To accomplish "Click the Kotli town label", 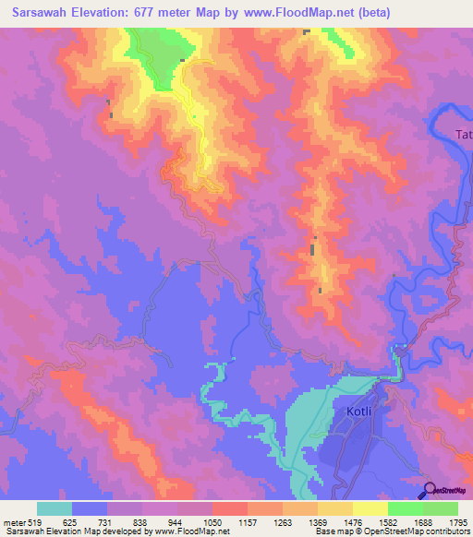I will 357,413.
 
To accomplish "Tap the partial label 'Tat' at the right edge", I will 464,135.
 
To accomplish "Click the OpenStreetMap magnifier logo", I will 430,490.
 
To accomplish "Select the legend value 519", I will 30,521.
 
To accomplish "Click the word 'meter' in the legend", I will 12,521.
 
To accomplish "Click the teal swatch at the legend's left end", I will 55,508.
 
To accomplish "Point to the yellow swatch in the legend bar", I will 370,508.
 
